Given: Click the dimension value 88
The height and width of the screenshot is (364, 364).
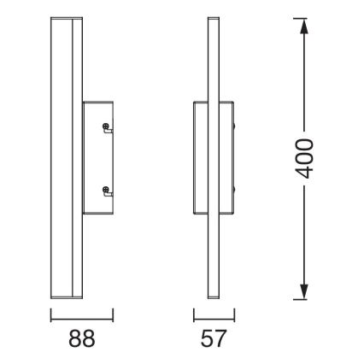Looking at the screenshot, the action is coord(82,339).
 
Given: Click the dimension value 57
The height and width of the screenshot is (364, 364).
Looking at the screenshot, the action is coord(214,339).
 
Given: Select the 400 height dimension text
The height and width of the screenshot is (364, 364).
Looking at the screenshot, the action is coord(304,159).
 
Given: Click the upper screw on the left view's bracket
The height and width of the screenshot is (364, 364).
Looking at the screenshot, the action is coord(106,126).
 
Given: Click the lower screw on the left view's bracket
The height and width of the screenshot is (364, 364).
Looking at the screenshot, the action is coord(106,189).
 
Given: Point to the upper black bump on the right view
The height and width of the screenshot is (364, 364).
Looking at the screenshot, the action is coord(235,126).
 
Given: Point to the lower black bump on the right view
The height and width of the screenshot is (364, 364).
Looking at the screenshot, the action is coord(235,189).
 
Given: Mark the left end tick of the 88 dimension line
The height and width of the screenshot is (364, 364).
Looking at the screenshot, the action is coord(51,315).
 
